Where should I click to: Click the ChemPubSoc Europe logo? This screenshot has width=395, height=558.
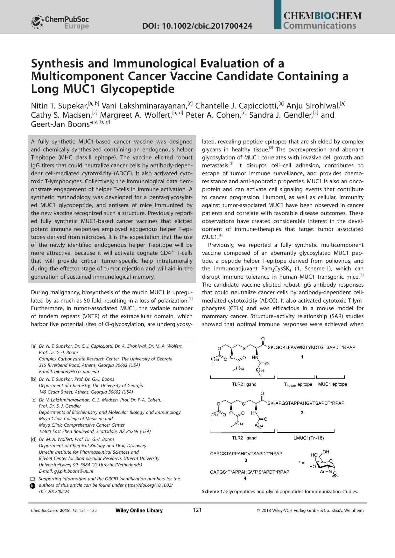point(60,22)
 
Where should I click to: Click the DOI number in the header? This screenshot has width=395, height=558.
point(197,26)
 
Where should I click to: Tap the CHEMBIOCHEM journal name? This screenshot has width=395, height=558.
point(322,16)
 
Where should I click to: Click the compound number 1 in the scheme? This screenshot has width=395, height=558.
point(302,357)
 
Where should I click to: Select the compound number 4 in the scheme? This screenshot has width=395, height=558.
point(245,478)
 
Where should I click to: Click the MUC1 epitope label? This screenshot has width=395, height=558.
point(333,384)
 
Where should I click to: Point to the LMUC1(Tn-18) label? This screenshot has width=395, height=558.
point(308,438)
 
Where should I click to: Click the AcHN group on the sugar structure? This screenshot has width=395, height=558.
point(326,472)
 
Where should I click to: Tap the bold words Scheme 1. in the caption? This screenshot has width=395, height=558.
point(213,492)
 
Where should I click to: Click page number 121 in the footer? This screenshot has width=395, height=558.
point(197,510)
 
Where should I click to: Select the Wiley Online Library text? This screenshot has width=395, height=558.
point(139,511)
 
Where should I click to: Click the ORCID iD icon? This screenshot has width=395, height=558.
point(32,486)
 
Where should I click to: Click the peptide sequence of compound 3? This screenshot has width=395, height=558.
point(246,454)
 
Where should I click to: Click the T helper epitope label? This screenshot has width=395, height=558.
point(298,384)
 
